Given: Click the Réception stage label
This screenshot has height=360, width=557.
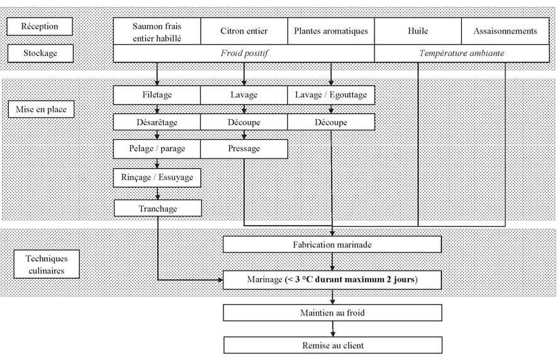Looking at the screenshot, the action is pos(40,26).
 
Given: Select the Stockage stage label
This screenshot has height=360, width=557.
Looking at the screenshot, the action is pos(40,53).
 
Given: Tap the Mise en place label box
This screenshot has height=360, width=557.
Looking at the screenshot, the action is pos(41,109).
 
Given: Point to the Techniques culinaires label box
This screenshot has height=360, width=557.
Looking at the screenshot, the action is pos(47,264).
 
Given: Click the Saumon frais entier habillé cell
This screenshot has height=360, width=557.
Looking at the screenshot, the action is pos(157,31).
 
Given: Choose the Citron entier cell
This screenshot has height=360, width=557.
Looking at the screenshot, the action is pos(244,31).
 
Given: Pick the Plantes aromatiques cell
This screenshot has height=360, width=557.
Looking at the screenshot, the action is pos(331,31).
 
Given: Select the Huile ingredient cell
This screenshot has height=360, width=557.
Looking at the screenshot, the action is pos(418,31).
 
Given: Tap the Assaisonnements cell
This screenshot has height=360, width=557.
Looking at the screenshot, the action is pos(505,31).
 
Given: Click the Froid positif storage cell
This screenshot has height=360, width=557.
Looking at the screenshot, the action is pos(244,53).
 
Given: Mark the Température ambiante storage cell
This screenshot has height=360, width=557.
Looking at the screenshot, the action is pos(462,53).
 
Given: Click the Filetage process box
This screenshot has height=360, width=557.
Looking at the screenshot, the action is pos(157,95).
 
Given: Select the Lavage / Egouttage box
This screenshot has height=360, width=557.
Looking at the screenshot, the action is pos(331,95).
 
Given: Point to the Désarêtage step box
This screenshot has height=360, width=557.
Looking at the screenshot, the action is pos(157,122).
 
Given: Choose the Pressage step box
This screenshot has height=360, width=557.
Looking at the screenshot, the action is pos(244,149).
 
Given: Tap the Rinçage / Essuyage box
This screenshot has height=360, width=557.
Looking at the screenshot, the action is pos(157,177).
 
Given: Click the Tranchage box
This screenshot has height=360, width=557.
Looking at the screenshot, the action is pos(158,208).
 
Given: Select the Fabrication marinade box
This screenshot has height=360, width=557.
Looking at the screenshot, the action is pos(332,244).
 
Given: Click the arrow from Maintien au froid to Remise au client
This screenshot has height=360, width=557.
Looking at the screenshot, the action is pos(333,329).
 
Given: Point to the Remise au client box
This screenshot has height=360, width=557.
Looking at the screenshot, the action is pos(333,345).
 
